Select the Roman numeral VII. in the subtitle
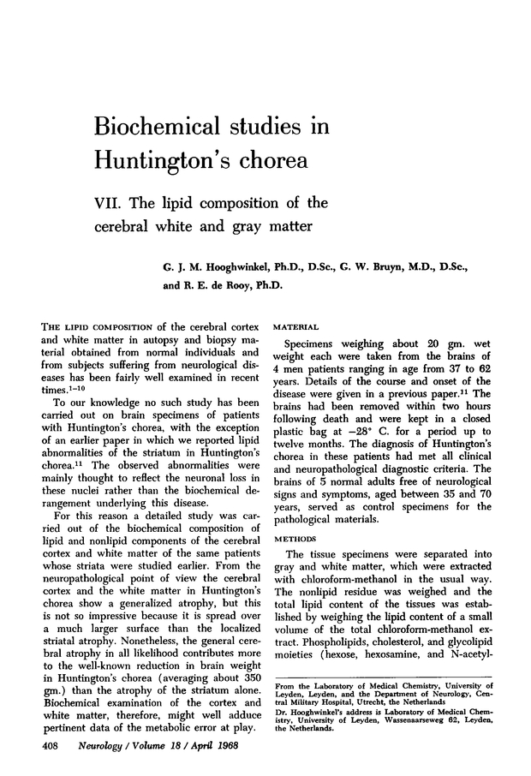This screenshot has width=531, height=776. tap(108, 204)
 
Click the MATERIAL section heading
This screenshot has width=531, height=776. tap(295, 326)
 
